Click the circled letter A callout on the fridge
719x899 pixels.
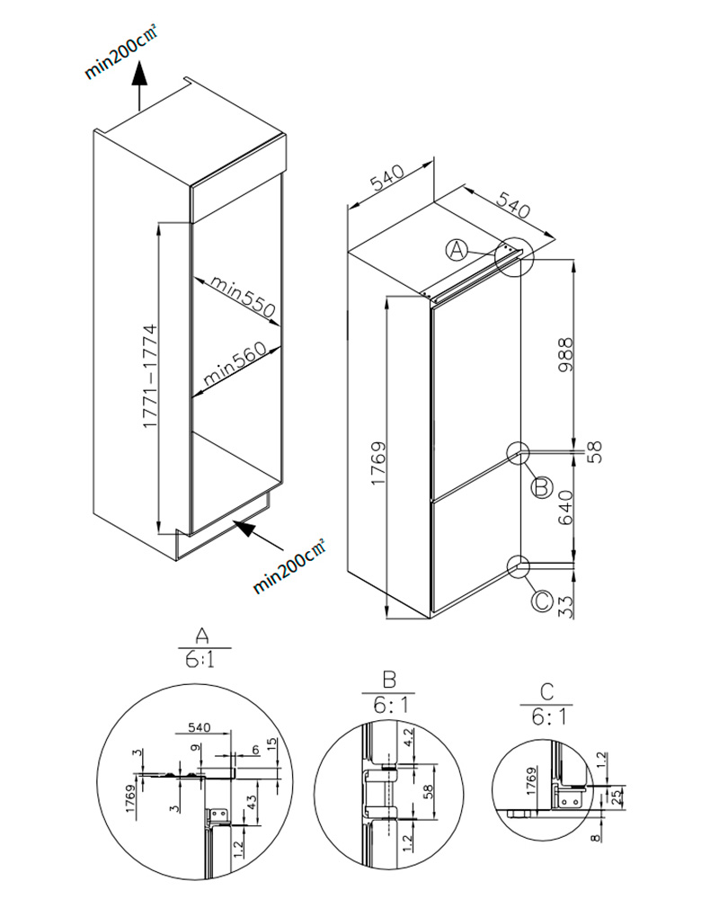(x=457, y=250)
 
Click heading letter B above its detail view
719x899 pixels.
(x=389, y=681)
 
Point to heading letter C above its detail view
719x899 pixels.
(x=546, y=693)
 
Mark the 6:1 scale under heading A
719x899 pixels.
(x=201, y=662)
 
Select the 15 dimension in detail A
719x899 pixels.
(x=271, y=743)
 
